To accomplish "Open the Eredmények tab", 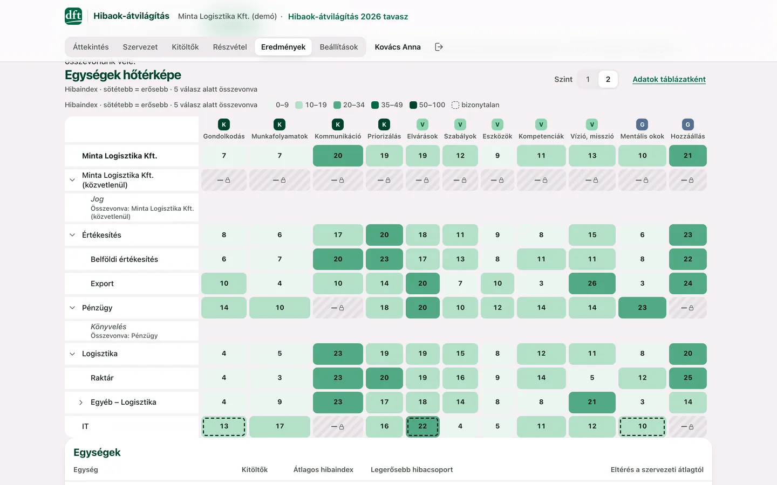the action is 283,47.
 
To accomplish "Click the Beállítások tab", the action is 338,47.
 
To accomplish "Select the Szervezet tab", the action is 140,47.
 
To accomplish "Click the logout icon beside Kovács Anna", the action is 439,47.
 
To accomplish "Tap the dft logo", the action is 73,16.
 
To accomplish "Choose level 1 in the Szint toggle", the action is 588,79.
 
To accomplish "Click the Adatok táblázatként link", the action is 669,79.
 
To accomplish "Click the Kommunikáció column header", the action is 338,136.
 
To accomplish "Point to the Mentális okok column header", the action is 642,136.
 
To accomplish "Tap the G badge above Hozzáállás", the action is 687,124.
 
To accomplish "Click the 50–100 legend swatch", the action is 413,105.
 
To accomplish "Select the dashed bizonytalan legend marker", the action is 455,105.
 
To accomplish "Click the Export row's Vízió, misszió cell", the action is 592,283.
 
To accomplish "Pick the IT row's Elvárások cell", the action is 422,426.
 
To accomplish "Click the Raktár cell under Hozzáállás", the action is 687,378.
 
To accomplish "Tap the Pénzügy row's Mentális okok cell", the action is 642,308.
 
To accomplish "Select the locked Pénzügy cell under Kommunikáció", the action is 338,308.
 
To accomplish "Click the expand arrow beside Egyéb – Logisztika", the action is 80,402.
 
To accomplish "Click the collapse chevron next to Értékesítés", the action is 72,235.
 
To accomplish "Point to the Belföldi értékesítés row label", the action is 124,259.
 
